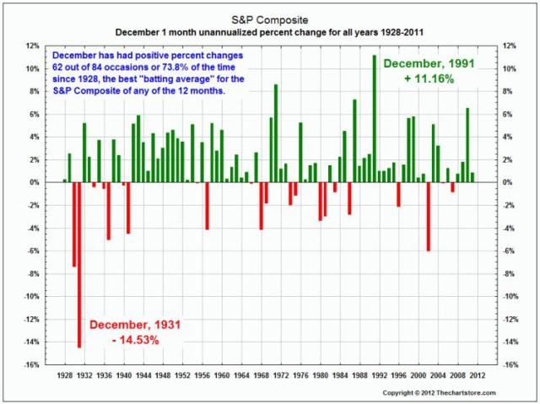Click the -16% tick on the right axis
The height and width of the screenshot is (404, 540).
pos(510,365)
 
